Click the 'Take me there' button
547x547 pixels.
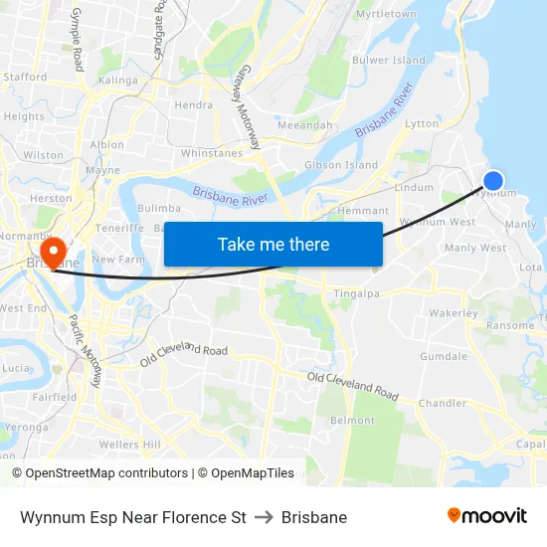coord(273,244)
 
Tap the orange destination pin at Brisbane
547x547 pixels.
coord(52,250)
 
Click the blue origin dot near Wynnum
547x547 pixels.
coord(492,180)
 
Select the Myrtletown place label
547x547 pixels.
coord(386,14)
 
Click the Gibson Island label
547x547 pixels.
coord(341,164)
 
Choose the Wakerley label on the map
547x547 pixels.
coord(454,313)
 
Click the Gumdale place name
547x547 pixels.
coord(444,356)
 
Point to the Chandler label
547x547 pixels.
coord(443,403)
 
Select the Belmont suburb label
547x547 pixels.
coord(352,421)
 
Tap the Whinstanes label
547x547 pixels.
coord(211,153)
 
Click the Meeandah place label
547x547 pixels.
coord(305,125)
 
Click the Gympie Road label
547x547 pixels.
coord(77,40)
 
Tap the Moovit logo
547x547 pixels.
coord(486,516)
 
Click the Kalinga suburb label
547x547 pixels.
coord(118,80)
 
